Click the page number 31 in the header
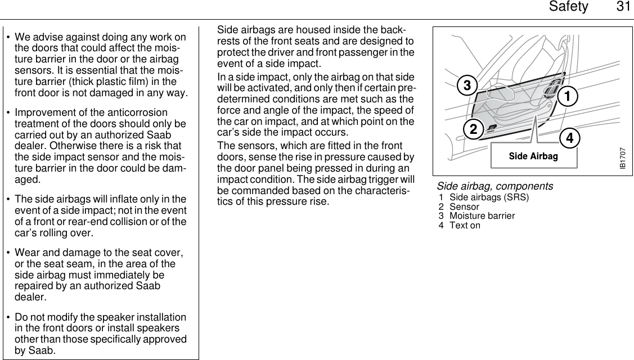[x=620, y=7]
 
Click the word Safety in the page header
[x=568, y=7]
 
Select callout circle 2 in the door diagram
[x=474, y=129]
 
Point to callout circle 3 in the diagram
[x=467, y=86]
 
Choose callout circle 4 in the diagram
[x=570, y=137]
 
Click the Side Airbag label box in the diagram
[x=533, y=156]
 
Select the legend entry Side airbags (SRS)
[x=489, y=197]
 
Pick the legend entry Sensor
[x=464, y=207]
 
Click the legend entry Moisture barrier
[x=482, y=216]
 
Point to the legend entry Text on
[x=465, y=226]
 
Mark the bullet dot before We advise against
[x=8, y=38]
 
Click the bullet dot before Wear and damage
[x=8, y=254]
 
